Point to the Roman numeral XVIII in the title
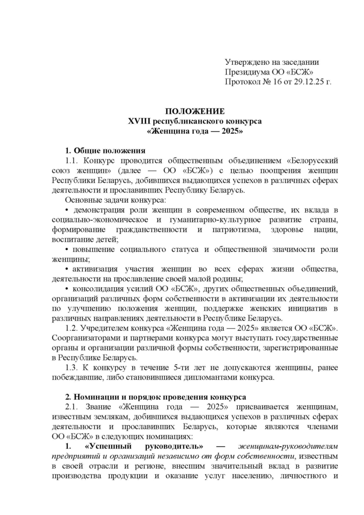(x=140, y=121)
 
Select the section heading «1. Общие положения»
(x=106, y=150)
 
